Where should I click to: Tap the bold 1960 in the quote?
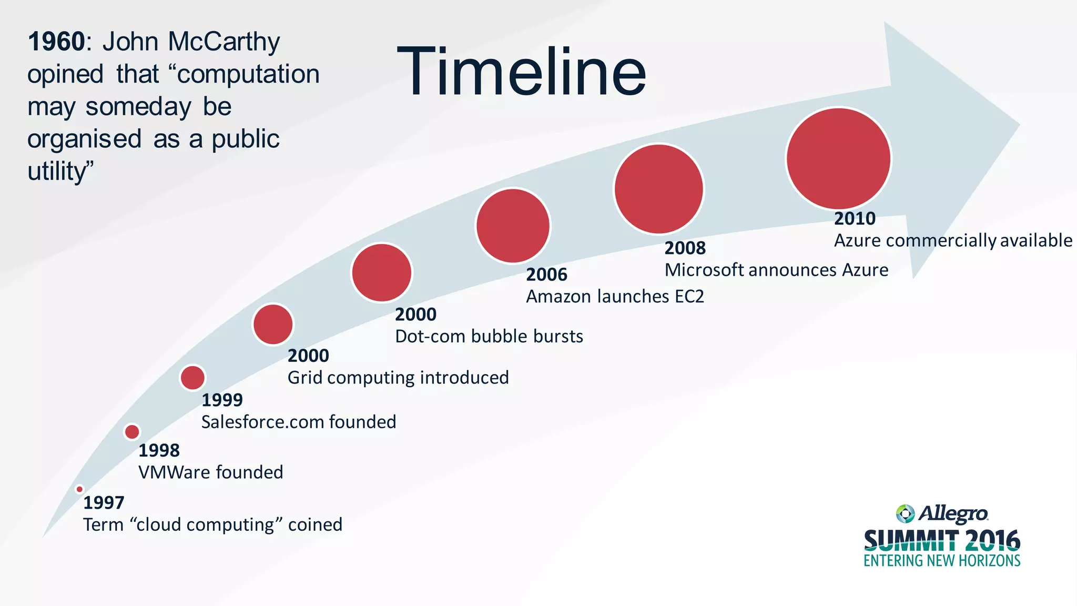[56, 42]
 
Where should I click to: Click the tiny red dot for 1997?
[79, 489]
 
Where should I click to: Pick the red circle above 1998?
[132, 432]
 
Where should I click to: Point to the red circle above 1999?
[192, 377]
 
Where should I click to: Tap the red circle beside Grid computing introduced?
[273, 325]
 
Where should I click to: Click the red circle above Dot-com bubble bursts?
[382, 272]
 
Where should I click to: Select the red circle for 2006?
[513, 226]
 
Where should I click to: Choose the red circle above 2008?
[658, 189]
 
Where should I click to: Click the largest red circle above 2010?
[838, 158]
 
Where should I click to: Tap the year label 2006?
[546, 275]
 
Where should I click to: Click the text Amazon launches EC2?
[614, 297]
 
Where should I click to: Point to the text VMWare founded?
[210, 472]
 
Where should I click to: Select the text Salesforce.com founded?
[298, 422]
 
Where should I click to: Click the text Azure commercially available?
[952, 240]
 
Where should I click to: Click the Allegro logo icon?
[905, 513]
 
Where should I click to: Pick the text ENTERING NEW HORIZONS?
[941, 561]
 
